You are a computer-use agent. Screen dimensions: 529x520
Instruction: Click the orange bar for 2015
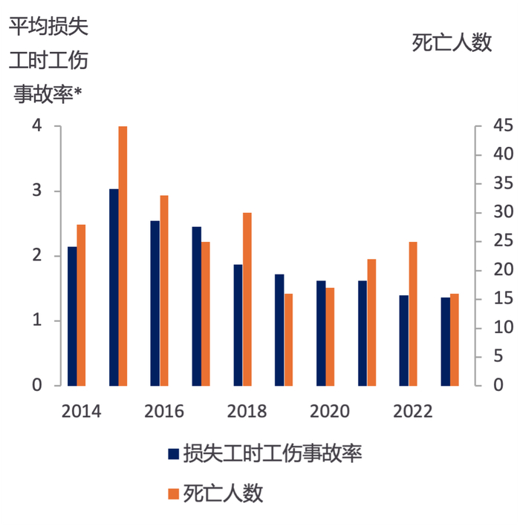click(123, 256)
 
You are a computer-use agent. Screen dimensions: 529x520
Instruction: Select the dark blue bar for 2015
click(114, 287)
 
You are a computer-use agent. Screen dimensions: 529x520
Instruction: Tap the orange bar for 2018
click(247, 299)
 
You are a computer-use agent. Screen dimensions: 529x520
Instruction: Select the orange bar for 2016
click(164, 290)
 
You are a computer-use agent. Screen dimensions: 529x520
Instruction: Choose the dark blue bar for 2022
click(404, 341)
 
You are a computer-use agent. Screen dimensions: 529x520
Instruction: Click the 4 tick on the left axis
click(37, 126)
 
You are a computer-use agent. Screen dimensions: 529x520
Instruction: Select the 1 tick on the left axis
click(37, 321)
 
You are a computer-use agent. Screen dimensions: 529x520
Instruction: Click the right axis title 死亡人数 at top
click(452, 43)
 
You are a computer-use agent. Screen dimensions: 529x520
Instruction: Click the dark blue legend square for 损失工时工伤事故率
click(174, 454)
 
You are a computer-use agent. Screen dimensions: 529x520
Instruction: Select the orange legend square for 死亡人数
click(174, 493)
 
